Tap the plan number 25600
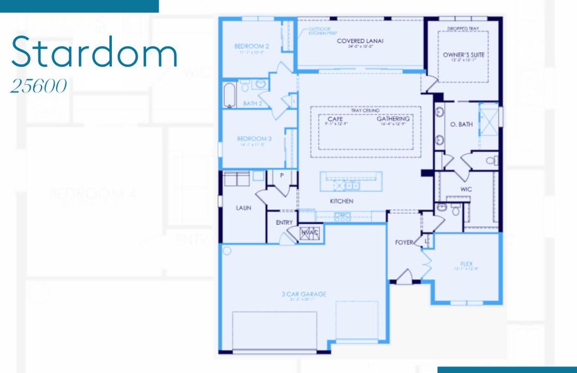39,86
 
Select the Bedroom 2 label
251,47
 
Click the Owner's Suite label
463,55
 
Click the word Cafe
335,119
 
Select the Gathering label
393,119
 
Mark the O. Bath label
461,124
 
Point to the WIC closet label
466,188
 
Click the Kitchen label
342,201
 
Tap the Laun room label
243,208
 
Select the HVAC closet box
309,233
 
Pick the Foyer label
404,242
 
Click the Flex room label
466,264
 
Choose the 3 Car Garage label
304,294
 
